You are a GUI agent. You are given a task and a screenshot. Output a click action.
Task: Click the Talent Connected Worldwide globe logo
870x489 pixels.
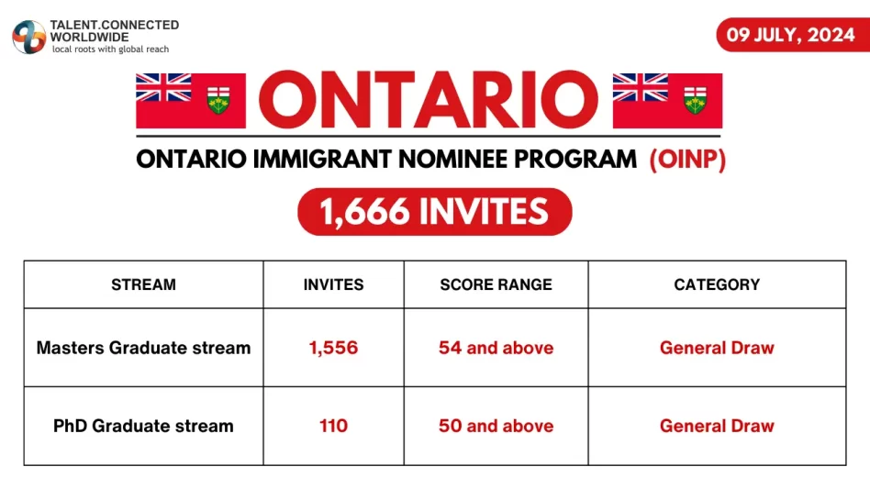coord(28,36)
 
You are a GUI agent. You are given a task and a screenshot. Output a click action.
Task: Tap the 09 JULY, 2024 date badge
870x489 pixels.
coord(791,35)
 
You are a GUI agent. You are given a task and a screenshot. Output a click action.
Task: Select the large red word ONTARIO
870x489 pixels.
coord(429,100)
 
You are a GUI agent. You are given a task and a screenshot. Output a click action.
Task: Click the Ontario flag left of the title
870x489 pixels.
coord(191,100)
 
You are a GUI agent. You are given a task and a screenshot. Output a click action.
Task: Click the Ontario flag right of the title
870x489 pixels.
coord(667,100)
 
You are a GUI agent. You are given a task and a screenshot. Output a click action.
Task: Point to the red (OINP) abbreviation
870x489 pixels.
coord(687,160)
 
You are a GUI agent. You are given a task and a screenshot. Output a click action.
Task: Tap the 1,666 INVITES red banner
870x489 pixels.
coord(434,213)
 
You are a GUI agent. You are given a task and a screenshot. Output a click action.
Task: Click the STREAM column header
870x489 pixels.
coord(143,284)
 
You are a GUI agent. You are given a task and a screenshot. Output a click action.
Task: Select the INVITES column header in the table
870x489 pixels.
coord(333,284)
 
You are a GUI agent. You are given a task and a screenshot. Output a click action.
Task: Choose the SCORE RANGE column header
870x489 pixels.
coord(496,284)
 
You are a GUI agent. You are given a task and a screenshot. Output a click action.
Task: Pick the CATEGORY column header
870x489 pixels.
coord(717,284)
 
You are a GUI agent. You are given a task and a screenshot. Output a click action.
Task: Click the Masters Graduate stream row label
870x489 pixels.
coord(143,348)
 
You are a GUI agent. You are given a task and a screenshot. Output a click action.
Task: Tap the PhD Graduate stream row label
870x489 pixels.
coord(143,426)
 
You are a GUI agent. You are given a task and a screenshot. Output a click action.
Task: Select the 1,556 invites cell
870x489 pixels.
coord(333,348)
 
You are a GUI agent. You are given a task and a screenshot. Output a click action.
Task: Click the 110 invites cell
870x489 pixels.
coord(333,426)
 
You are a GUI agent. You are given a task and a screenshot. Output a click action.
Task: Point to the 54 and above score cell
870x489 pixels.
coord(496,348)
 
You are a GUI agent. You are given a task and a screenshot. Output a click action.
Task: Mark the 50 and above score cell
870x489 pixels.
coord(496,426)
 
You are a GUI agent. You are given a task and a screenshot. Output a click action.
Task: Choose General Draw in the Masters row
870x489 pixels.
coord(717,348)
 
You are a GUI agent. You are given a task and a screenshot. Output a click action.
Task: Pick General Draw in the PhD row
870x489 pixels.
coord(717,426)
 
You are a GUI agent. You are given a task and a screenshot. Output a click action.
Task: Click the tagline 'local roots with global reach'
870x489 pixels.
coord(110,49)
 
